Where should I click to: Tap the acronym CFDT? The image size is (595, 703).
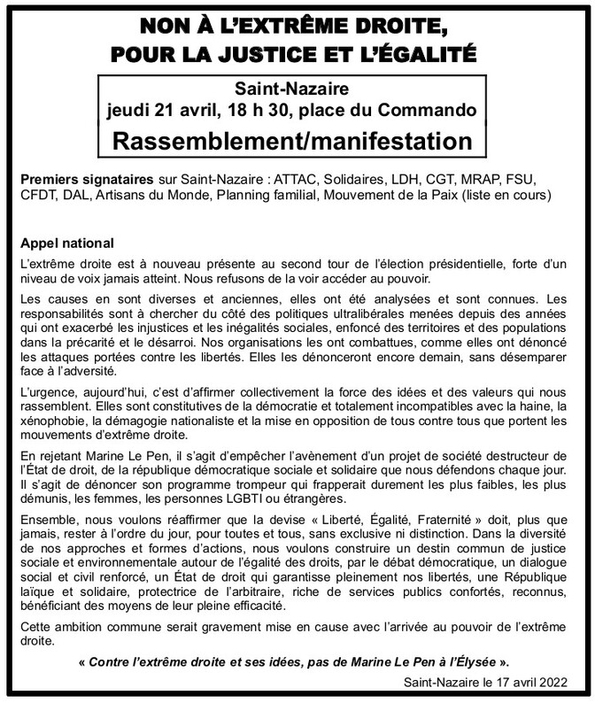click(x=38, y=196)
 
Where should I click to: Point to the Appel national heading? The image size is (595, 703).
click(x=66, y=243)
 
